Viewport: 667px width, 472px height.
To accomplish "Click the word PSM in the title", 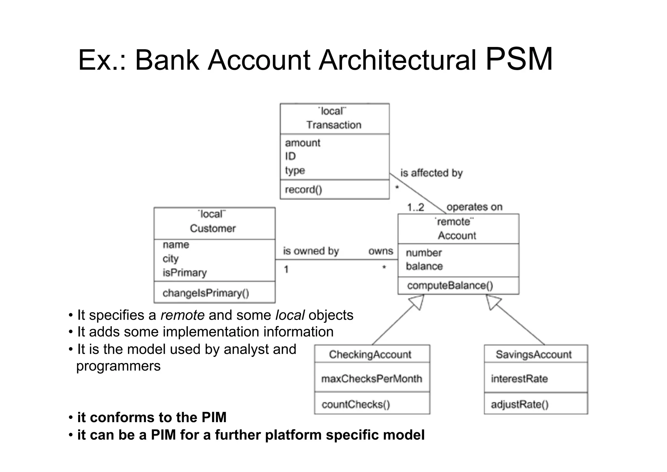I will point(519,59).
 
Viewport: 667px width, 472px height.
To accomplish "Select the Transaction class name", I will point(334,125).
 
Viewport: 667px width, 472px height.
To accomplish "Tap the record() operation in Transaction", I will point(303,190).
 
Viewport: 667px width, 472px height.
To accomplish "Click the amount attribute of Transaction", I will point(303,143).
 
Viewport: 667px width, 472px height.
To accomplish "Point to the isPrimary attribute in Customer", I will point(185,272).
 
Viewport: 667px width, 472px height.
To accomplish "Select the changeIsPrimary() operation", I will point(206,293).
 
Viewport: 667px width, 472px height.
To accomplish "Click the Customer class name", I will point(213,228).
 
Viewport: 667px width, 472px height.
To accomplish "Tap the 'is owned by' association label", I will point(311,251).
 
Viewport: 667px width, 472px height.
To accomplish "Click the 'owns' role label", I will point(380,251).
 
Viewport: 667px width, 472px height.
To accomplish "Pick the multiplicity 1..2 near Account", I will point(416,207).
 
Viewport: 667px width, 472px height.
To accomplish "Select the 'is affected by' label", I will point(431,173).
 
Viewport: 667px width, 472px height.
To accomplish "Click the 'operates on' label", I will point(474,207).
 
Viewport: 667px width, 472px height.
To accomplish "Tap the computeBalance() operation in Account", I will point(450,285).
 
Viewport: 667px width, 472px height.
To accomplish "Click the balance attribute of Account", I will point(424,266).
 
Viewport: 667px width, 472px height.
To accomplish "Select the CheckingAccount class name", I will point(370,354).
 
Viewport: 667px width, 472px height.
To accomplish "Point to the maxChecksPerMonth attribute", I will point(371,379).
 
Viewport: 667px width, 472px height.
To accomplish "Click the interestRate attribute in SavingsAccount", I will point(519,379).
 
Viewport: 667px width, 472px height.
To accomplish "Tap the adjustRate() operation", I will point(519,404).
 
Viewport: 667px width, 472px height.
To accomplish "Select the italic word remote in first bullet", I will point(182,315).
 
